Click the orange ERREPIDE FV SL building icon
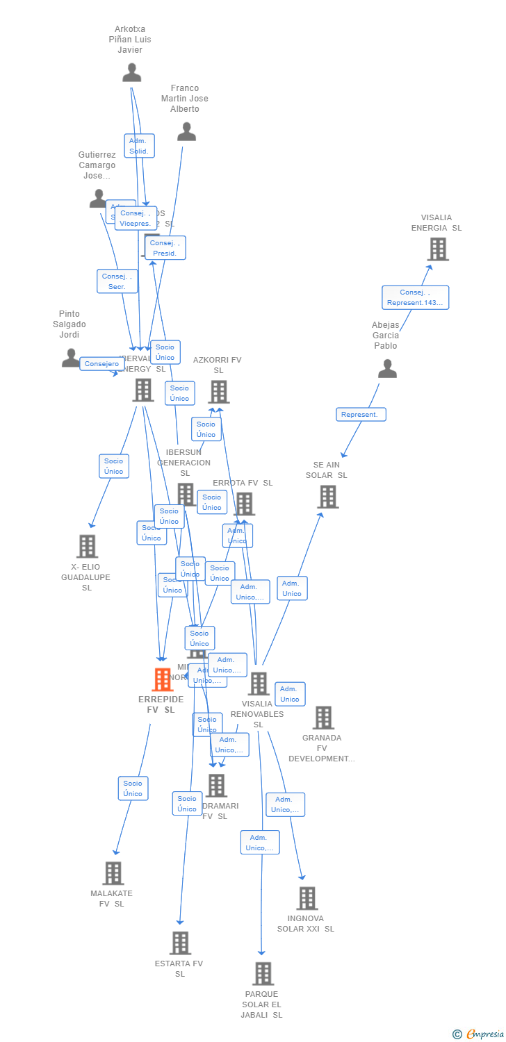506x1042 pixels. click(162, 679)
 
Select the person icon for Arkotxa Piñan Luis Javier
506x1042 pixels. click(131, 72)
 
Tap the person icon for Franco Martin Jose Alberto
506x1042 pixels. click(186, 131)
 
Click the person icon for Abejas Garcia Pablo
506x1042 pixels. click(387, 368)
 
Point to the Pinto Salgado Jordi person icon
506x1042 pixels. click(71, 358)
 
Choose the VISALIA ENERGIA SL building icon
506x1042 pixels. click(437, 249)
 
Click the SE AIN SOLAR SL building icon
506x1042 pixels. click(327, 497)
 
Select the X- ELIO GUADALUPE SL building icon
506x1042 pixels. click(87, 546)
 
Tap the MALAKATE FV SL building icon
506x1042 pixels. click(113, 873)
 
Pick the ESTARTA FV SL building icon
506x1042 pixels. click(180, 943)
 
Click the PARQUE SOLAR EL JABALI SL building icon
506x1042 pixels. click(263, 973)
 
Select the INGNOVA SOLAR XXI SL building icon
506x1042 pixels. click(307, 898)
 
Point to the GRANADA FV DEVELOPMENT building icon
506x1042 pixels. click(323, 718)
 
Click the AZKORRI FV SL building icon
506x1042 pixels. click(218, 392)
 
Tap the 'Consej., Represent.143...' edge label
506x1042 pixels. click(415, 297)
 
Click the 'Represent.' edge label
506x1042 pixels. click(361, 415)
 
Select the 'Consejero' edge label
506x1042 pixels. click(102, 364)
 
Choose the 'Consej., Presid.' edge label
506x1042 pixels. click(165, 248)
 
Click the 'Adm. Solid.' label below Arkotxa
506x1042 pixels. click(139, 146)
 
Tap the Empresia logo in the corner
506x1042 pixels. click(478, 1034)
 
